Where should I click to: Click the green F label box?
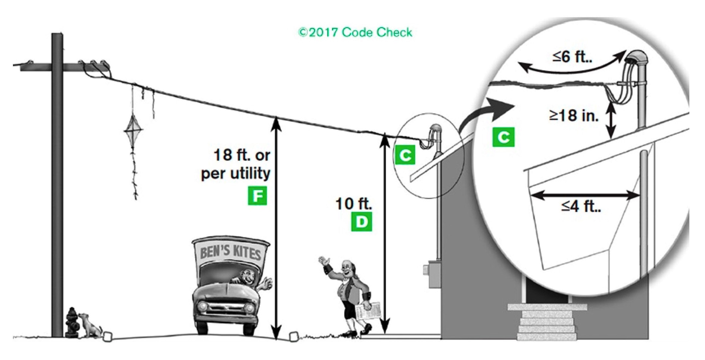[257, 196]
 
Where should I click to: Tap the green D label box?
[361, 222]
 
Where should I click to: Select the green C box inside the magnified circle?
[503, 137]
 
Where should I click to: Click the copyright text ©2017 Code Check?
[355, 32]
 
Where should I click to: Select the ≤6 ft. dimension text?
[572, 56]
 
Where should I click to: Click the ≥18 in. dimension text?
[574, 115]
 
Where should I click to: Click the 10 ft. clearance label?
[354, 204]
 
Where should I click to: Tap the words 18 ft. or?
[242, 155]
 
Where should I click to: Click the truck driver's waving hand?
[266, 284]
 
